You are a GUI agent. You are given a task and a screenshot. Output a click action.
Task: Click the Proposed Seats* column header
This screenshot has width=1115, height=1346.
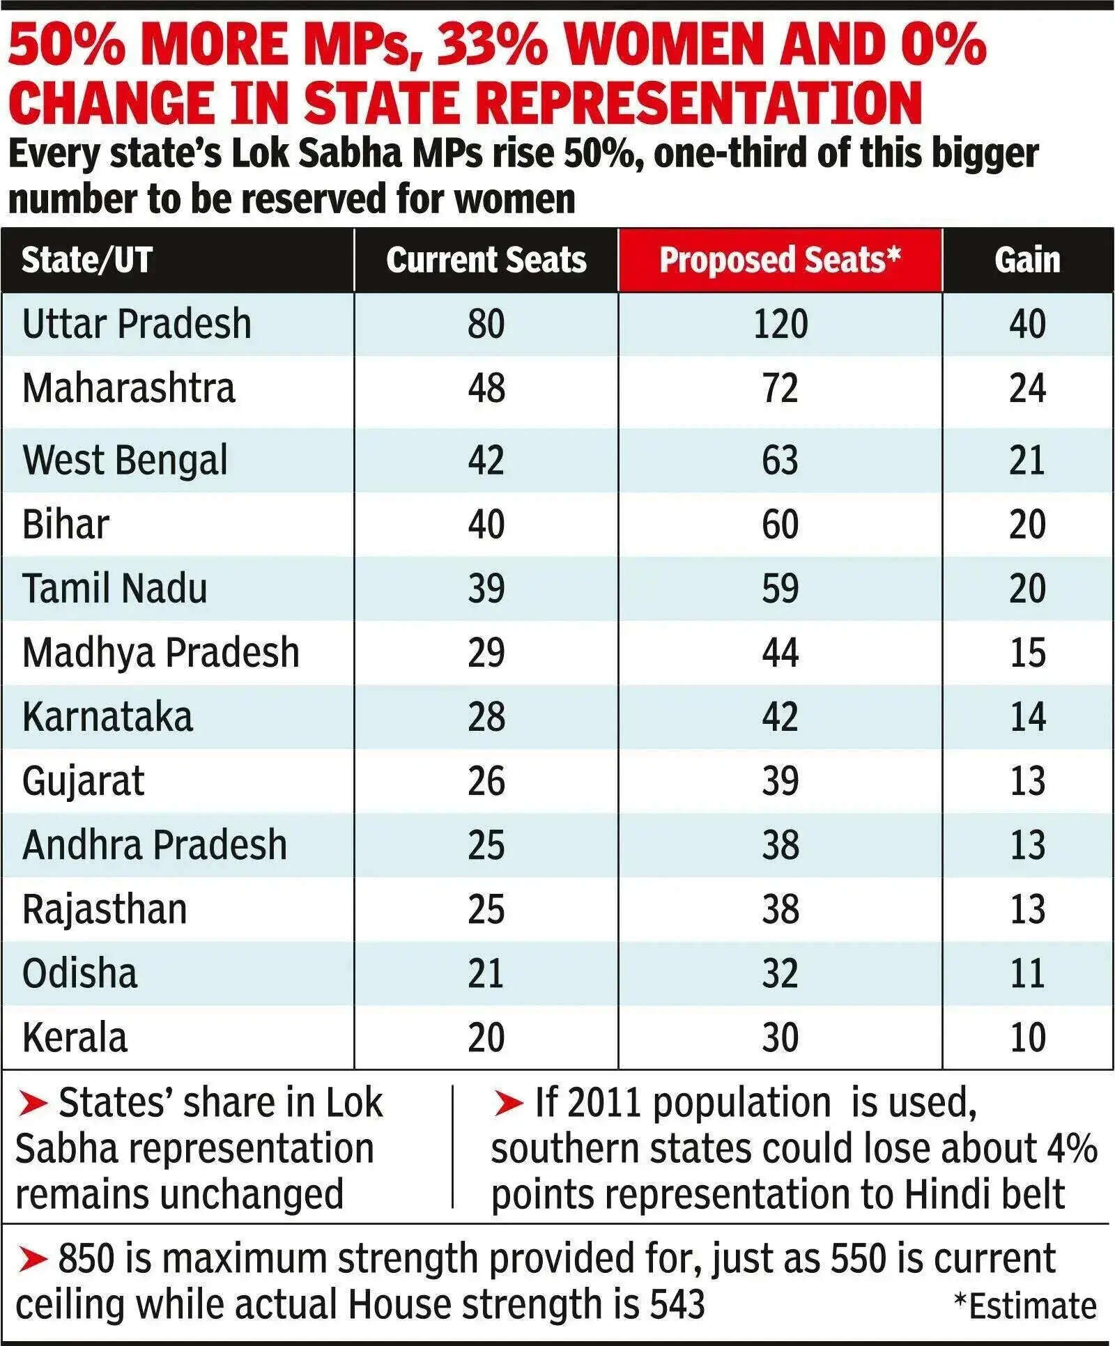tap(780, 261)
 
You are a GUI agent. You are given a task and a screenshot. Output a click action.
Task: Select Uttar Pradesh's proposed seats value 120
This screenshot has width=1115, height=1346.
tap(780, 325)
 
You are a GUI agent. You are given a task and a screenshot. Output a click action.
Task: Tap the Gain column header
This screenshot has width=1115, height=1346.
tap(1027, 261)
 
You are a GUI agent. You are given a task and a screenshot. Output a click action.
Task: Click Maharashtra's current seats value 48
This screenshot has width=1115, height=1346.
tap(486, 389)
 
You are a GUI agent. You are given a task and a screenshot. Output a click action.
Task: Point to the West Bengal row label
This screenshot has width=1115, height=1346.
tap(125, 461)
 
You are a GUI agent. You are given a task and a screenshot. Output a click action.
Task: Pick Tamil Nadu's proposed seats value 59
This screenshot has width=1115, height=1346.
tap(780, 589)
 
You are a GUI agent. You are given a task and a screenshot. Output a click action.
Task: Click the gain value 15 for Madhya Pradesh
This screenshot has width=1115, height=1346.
tap(1027, 653)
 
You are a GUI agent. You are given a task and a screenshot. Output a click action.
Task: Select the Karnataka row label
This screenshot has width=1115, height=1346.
tap(108, 718)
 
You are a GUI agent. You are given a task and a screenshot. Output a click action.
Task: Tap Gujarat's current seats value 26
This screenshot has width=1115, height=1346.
tap(486, 782)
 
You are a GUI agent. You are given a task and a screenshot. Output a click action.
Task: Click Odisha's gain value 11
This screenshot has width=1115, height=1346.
tap(1027, 974)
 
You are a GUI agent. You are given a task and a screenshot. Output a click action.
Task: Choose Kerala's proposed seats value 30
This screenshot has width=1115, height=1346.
tap(780, 1038)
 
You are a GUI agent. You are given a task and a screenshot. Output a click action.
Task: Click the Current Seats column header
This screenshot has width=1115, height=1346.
tap(486, 261)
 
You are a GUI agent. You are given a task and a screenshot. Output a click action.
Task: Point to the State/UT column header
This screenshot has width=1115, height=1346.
tap(87, 261)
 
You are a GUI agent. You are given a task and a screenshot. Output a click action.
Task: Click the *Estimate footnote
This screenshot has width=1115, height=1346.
tap(1024, 1307)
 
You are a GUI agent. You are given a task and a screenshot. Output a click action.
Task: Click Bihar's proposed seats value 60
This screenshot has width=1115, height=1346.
tap(780, 525)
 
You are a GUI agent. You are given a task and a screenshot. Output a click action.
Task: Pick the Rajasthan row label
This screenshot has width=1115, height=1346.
tap(105, 910)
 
